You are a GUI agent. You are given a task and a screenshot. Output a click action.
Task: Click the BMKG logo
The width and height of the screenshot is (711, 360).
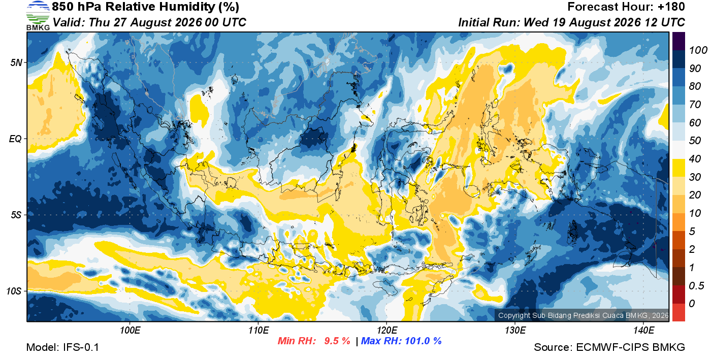pos(38,16)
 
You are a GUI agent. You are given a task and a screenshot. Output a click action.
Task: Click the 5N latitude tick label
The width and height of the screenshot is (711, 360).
pos(16,62)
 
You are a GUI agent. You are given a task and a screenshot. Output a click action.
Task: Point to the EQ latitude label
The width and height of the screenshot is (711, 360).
pos(15,139)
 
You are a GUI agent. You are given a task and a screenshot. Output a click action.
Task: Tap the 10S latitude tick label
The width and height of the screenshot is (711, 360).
pos(14,291)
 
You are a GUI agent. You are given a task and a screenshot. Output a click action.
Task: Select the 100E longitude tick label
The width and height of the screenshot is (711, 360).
pos(130,331)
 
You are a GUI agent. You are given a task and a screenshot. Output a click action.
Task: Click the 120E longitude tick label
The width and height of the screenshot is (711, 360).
pos(386,331)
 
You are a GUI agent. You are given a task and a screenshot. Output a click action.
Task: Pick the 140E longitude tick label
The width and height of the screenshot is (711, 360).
pos(643,331)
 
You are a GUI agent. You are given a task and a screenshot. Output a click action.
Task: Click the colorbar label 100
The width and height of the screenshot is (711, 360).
pos(698,50)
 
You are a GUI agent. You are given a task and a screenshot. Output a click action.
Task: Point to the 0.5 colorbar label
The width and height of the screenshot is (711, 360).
pos(696,286)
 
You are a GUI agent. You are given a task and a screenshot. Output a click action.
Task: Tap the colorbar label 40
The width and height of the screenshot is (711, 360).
pos(695,159)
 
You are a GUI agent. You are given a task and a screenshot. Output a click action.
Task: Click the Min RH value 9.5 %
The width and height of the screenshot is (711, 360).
pos(337,341)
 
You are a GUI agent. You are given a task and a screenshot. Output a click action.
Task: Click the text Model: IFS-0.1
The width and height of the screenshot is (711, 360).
pos(62,347)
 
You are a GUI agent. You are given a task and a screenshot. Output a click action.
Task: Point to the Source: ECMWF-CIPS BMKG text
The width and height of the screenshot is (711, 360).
pos(609,347)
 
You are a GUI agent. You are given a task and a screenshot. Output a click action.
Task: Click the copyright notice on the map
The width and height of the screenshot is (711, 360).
pos(583,315)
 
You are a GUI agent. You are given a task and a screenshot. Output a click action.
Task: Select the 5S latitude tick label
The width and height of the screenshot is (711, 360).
pos(16,215)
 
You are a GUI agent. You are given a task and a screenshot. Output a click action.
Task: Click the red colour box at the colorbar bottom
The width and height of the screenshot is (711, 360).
pos(678,312)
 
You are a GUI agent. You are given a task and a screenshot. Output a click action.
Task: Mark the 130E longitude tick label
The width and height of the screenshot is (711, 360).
pos(515,331)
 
